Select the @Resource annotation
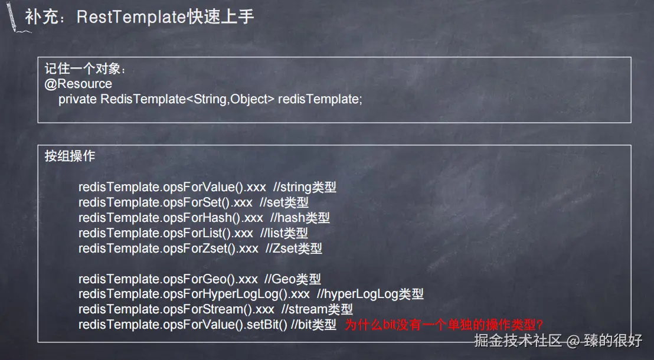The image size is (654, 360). [78, 84]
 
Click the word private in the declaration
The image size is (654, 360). [77, 99]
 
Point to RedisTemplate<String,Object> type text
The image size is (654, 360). [188, 99]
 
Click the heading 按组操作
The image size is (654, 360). [70, 156]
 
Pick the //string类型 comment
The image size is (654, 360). [305, 188]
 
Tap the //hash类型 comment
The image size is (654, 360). [300, 218]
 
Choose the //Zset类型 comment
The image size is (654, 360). [293, 249]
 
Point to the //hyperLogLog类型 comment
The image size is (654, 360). [370, 294]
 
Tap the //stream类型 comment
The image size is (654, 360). [317, 309]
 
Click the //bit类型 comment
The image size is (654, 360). [313, 325]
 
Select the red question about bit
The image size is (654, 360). [444, 325]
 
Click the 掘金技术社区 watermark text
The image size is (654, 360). [518, 341]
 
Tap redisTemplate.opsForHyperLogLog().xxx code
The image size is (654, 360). [194, 294]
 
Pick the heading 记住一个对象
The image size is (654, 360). [85, 68]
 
